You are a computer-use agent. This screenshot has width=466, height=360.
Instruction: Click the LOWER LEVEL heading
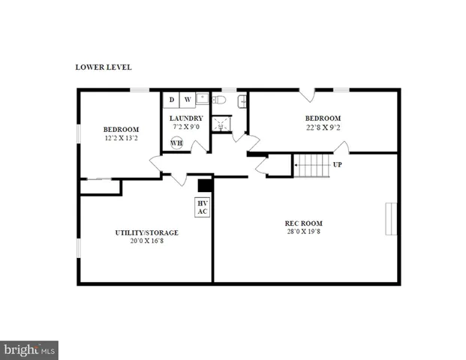104,67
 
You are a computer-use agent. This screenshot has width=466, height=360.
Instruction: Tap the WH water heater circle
176,143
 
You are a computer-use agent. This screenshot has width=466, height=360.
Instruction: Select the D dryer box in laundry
171,100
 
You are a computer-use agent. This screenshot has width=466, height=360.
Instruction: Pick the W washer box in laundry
188,100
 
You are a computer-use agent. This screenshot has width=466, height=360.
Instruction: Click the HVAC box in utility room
202,207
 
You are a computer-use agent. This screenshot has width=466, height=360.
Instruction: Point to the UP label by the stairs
338,164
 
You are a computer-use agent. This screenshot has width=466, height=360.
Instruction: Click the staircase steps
311,165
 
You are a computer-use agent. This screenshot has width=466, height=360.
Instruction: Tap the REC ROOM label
303,223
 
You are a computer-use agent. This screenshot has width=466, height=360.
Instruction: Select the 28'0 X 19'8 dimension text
303,232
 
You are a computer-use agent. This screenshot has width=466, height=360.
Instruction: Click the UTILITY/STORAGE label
146,232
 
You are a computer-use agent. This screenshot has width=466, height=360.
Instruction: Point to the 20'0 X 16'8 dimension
146,241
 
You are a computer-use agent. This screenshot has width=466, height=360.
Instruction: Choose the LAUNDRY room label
185,118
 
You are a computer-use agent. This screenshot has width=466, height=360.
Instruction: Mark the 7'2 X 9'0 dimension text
185,127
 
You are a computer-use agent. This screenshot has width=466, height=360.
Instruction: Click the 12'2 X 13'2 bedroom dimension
121,138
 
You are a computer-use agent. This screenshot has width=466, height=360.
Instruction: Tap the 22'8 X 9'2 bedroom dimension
323,127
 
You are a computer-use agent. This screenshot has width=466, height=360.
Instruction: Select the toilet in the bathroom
218,100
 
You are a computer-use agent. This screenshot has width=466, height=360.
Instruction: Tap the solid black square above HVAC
203,186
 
